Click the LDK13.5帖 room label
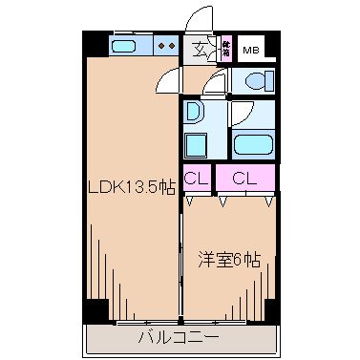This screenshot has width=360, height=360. click(131, 187)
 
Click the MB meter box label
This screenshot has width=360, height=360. click(251, 50)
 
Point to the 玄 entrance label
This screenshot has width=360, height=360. click(201, 49)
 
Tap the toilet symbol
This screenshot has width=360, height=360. click(254, 83)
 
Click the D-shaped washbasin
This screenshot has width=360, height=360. click(194, 112)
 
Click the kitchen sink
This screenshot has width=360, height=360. click(124, 45)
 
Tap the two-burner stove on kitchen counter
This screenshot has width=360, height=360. click(166, 45)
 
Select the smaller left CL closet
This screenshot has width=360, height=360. click(198, 177)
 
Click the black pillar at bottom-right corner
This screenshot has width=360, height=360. click(270, 311)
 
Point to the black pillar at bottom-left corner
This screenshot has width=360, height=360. click(94, 311)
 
